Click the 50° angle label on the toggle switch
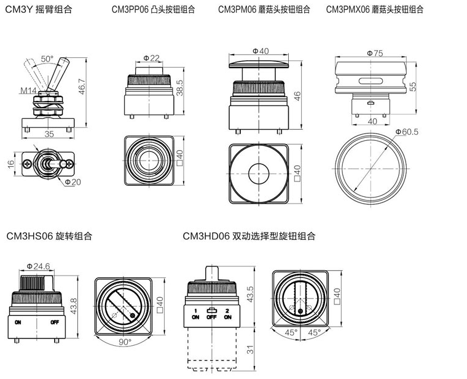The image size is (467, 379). pos(47,59)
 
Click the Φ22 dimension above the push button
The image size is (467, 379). pos(151,58)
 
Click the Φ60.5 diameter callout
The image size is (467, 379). pos(406,132)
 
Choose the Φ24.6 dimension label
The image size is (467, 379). pos(37,266)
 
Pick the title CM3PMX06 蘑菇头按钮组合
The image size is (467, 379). pos(374,10)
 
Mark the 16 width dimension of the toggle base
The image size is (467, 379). pos(10,164)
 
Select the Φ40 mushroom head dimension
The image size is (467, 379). pos(261,50)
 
